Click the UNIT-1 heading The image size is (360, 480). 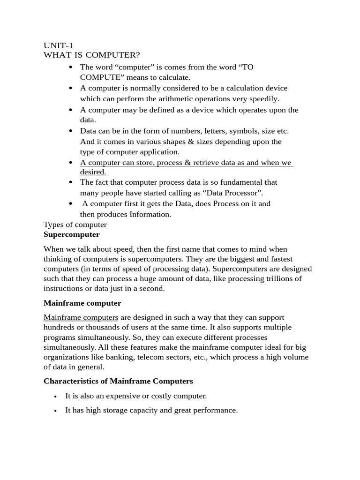58,45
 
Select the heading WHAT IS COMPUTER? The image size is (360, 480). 92,55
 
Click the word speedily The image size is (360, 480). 264,98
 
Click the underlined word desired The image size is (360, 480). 93,172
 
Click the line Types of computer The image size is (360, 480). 75,225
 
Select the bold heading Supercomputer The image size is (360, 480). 71,234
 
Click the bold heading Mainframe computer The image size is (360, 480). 82,303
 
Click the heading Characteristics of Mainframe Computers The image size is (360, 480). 118,381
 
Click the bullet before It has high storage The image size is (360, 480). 55,411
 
